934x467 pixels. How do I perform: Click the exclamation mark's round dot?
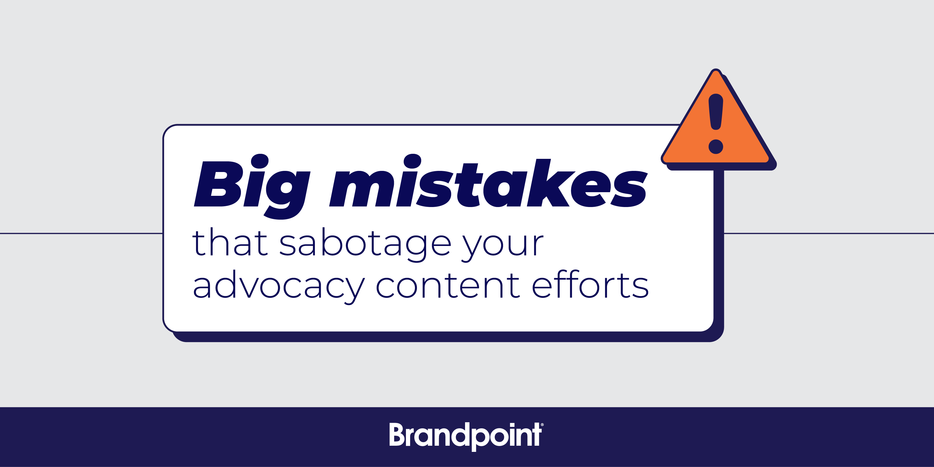[x=716, y=147]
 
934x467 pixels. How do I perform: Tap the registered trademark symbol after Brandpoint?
[x=542, y=425]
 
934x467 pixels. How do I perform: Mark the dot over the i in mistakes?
[x=412, y=161]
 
